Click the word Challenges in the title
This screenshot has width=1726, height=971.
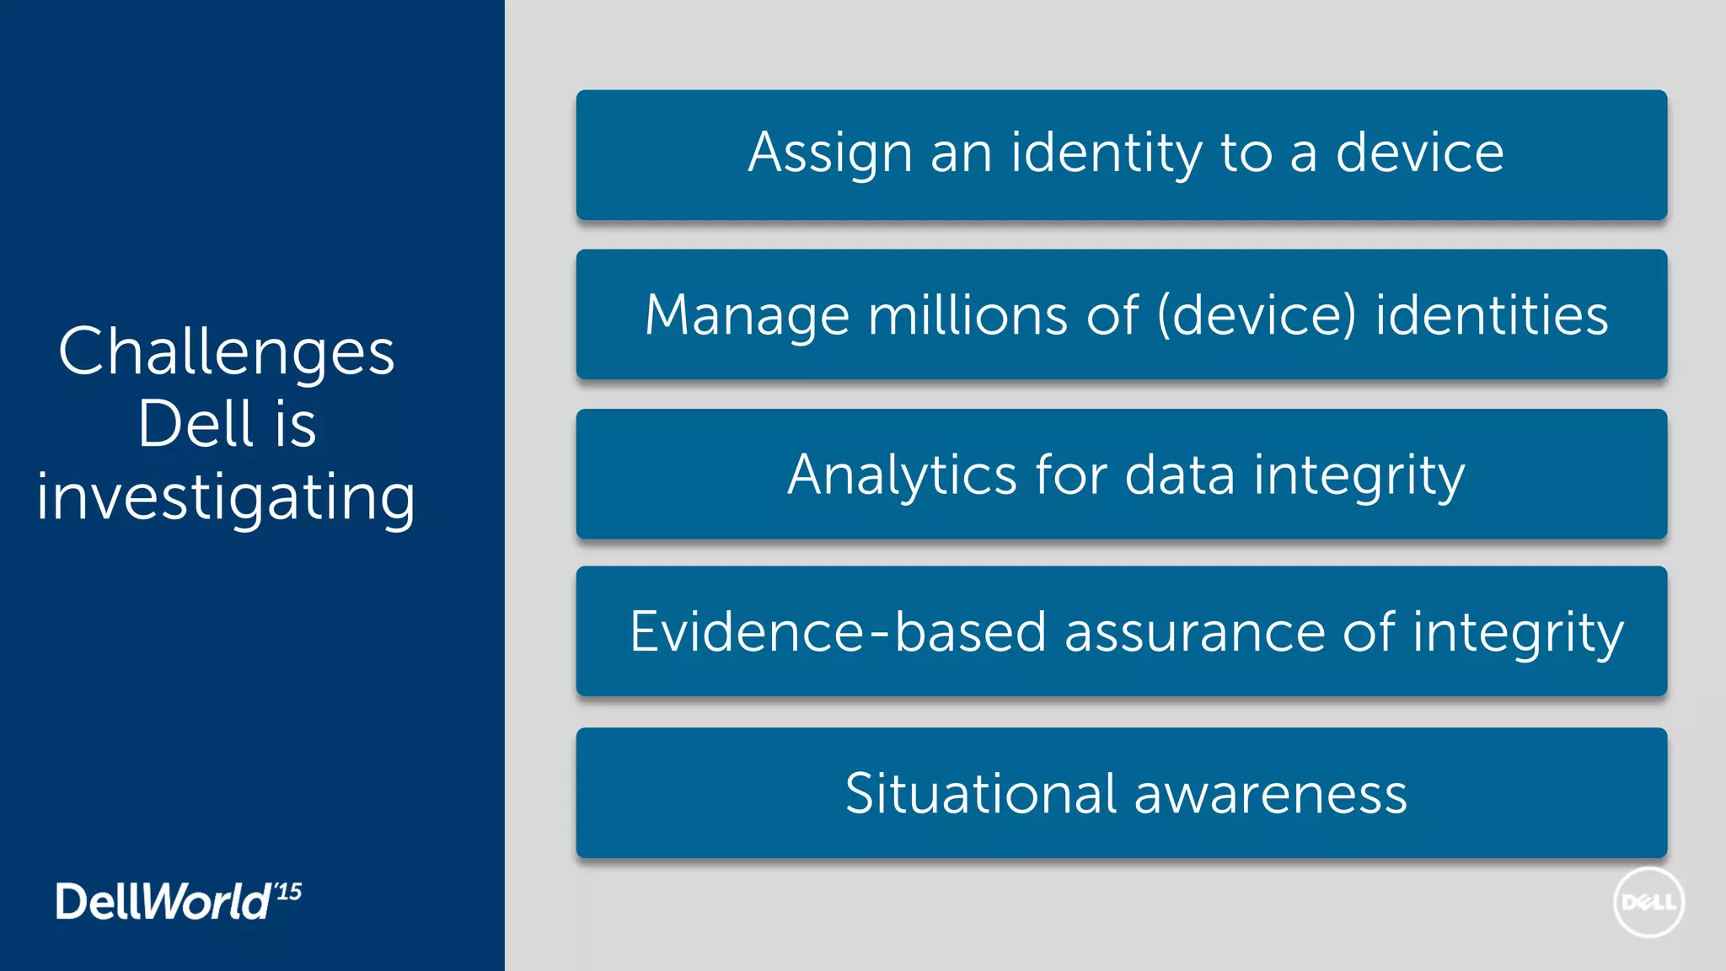coord(226,352)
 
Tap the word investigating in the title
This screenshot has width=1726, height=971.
coord(226,497)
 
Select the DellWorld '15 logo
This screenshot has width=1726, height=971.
coord(178,901)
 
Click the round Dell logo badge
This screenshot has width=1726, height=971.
coord(1648,903)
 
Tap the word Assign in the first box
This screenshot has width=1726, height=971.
coord(830,153)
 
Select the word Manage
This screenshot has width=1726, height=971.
coord(747,316)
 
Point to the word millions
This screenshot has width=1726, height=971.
coord(968,316)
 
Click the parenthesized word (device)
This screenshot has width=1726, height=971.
coord(1257,316)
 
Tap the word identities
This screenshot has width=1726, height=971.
coord(1492,316)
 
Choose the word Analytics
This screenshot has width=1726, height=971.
coord(902,475)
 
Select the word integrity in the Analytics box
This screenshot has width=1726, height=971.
coord(1359,475)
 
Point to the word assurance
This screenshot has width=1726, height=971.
coord(1194,632)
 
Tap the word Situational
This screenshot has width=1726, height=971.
coord(981,794)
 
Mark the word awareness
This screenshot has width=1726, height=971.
coord(1271,794)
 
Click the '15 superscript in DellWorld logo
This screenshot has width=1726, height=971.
coord(288,892)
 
